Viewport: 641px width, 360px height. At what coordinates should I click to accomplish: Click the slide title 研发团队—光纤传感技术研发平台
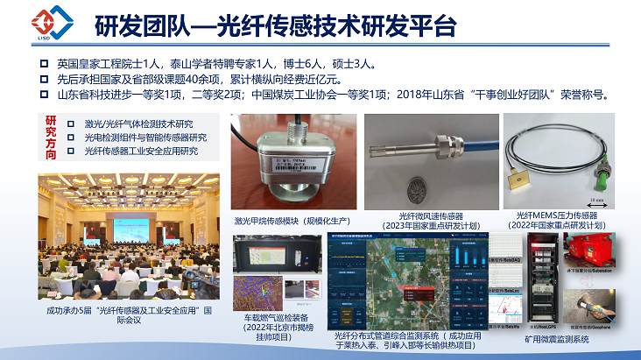(x=275, y=25)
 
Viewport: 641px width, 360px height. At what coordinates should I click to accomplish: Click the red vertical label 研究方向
(x=50, y=137)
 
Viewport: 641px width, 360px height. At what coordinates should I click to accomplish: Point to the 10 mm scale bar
(x=605, y=201)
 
